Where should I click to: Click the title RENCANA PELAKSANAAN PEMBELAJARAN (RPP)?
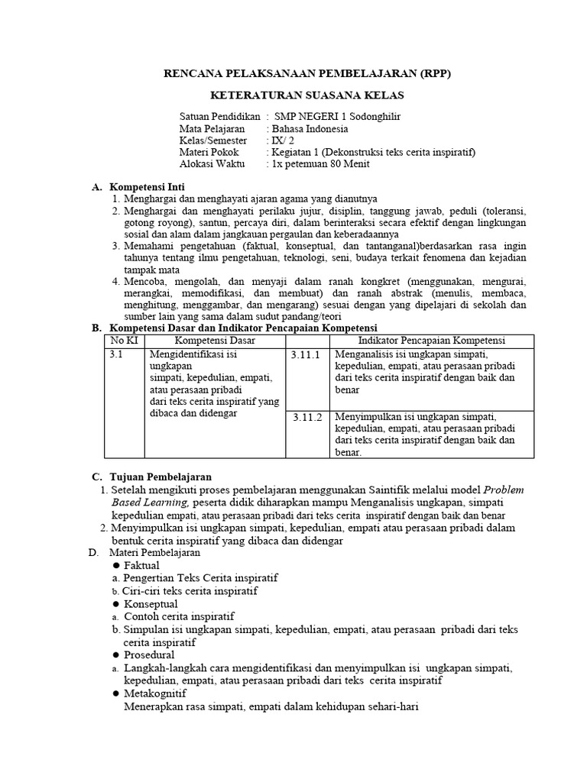click(309, 74)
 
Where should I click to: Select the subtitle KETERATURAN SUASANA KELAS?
click(307, 95)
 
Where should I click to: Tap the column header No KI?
click(124, 341)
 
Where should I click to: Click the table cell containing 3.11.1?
click(306, 355)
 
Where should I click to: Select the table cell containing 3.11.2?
click(306, 418)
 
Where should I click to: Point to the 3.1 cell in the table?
click(116, 355)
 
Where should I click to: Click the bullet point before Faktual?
click(117, 565)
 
